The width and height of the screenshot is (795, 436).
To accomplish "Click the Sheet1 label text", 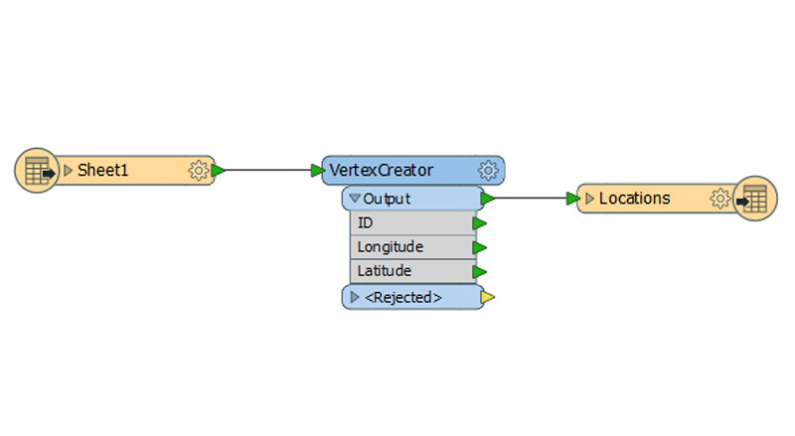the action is tap(102, 170).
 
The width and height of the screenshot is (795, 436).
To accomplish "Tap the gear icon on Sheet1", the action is tap(198, 171).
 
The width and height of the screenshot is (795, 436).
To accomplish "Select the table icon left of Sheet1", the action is tap(37, 171).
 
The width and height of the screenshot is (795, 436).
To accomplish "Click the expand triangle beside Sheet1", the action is tap(68, 171).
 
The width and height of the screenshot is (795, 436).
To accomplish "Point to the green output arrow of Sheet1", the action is tap(218, 171).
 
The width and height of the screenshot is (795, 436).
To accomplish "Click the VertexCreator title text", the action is tap(382, 171).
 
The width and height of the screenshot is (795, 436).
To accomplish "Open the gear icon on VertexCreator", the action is tap(488, 171).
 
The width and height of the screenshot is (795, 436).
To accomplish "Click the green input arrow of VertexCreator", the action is tap(317, 171).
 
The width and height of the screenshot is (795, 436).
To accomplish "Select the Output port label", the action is tap(387, 199).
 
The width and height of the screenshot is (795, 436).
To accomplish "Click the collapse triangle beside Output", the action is tap(355, 198).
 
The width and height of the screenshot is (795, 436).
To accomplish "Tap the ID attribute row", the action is tap(412, 223).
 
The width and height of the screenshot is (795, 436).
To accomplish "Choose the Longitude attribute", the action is tap(391, 247).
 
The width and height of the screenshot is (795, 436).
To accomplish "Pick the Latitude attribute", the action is tap(385, 271).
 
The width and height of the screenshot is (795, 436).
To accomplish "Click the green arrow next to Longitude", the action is tap(479, 247).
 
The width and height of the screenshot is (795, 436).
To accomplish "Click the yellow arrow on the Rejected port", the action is tap(487, 297).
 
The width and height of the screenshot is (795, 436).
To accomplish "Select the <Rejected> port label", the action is tap(403, 297).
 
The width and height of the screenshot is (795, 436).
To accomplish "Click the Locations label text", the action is tap(635, 199).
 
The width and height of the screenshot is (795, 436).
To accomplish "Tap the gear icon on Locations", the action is tap(719, 199).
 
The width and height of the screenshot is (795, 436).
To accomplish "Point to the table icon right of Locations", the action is tap(755, 199).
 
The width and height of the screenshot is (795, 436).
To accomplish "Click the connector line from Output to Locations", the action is tap(531, 199).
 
